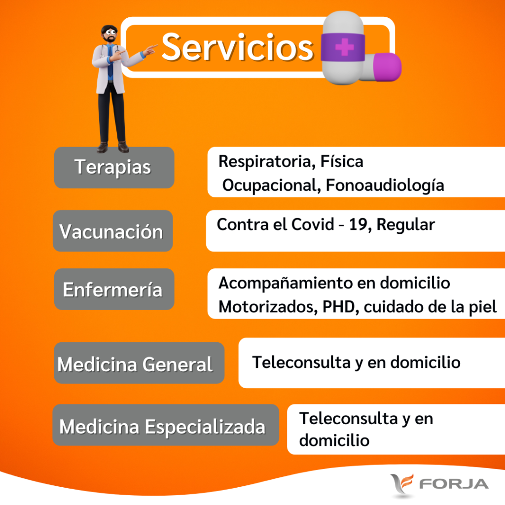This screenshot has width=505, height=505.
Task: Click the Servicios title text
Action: click(x=238, y=47)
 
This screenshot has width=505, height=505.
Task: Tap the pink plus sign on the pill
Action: click(x=344, y=47)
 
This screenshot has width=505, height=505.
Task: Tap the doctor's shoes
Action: click(x=113, y=147)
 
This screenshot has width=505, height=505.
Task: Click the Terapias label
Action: click(x=113, y=168)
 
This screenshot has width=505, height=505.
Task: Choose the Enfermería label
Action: click(x=113, y=289)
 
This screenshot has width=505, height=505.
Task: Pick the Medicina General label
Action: click(x=135, y=364)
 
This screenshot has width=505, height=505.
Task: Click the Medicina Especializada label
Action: click(x=162, y=427)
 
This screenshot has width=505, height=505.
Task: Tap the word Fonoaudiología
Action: click(x=385, y=186)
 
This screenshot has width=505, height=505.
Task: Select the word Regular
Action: click(x=406, y=224)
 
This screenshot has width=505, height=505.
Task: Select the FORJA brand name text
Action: click(x=454, y=484)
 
